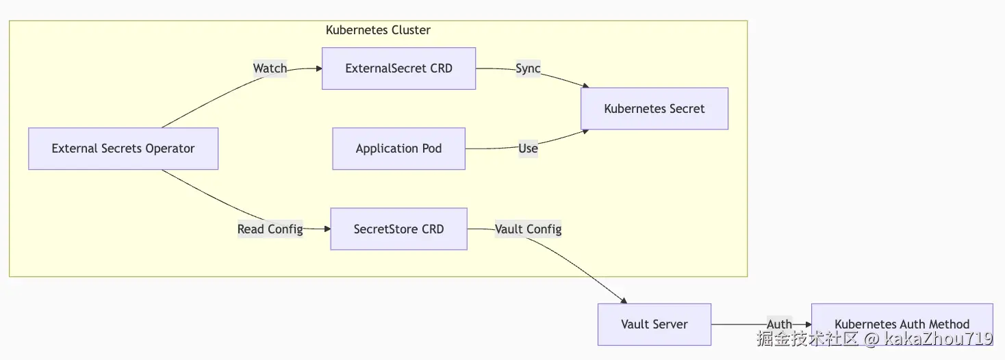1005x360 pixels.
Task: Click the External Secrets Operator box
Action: click(123, 149)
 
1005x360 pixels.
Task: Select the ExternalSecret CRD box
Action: click(398, 68)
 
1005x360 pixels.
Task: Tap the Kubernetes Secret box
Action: click(654, 109)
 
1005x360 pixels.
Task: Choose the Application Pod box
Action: click(398, 149)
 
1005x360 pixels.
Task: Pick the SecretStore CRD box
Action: click(398, 229)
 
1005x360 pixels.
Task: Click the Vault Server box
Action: click(654, 324)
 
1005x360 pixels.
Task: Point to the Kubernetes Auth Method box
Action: click(902, 324)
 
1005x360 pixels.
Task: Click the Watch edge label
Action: click(270, 68)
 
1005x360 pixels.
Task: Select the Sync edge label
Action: click(528, 68)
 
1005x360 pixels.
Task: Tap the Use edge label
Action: click(528, 149)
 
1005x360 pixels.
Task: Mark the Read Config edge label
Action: click(270, 229)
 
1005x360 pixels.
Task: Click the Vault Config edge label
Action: click(528, 229)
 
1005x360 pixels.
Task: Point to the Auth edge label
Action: click(779, 324)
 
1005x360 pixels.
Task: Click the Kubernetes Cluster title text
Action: click(378, 30)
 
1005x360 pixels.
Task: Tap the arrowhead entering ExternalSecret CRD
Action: click(318, 68)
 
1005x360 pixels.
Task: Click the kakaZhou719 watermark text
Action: click(938, 339)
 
